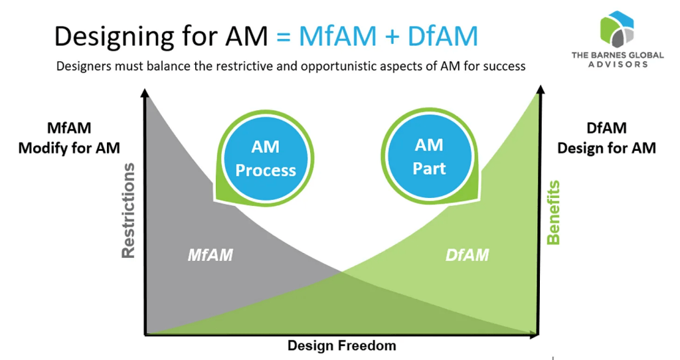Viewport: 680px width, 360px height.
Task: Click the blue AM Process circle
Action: click(x=266, y=159)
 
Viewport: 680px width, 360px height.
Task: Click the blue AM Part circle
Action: click(x=430, y=157)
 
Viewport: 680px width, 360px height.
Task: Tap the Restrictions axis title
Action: click(x=128, y=211)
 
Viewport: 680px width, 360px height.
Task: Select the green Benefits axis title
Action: click(x=553, y=213)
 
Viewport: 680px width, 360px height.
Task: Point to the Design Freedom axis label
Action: click(x=342, y=345)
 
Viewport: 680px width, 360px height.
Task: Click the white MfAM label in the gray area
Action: click(x=211, y=254)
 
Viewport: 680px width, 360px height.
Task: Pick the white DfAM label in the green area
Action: click(x=467, y=254)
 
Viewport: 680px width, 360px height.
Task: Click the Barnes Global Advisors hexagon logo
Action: click(x=617, y=29)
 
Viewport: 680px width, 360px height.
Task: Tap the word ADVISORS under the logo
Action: click(x=618, y=64)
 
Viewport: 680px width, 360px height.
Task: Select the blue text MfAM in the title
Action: click(x=337, y=36)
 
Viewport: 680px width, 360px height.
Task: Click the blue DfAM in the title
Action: click(x=443, y=36)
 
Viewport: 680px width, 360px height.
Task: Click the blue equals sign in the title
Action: click(x=283, y=37)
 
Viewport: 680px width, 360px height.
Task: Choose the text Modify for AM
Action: click(x=69, y=148)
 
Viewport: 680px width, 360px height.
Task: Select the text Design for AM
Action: click(x=606, y=148)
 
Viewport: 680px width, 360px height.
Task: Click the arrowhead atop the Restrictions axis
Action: click(x=145, y=93)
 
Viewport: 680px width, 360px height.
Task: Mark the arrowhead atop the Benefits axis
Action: click(x=541, y=90)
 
